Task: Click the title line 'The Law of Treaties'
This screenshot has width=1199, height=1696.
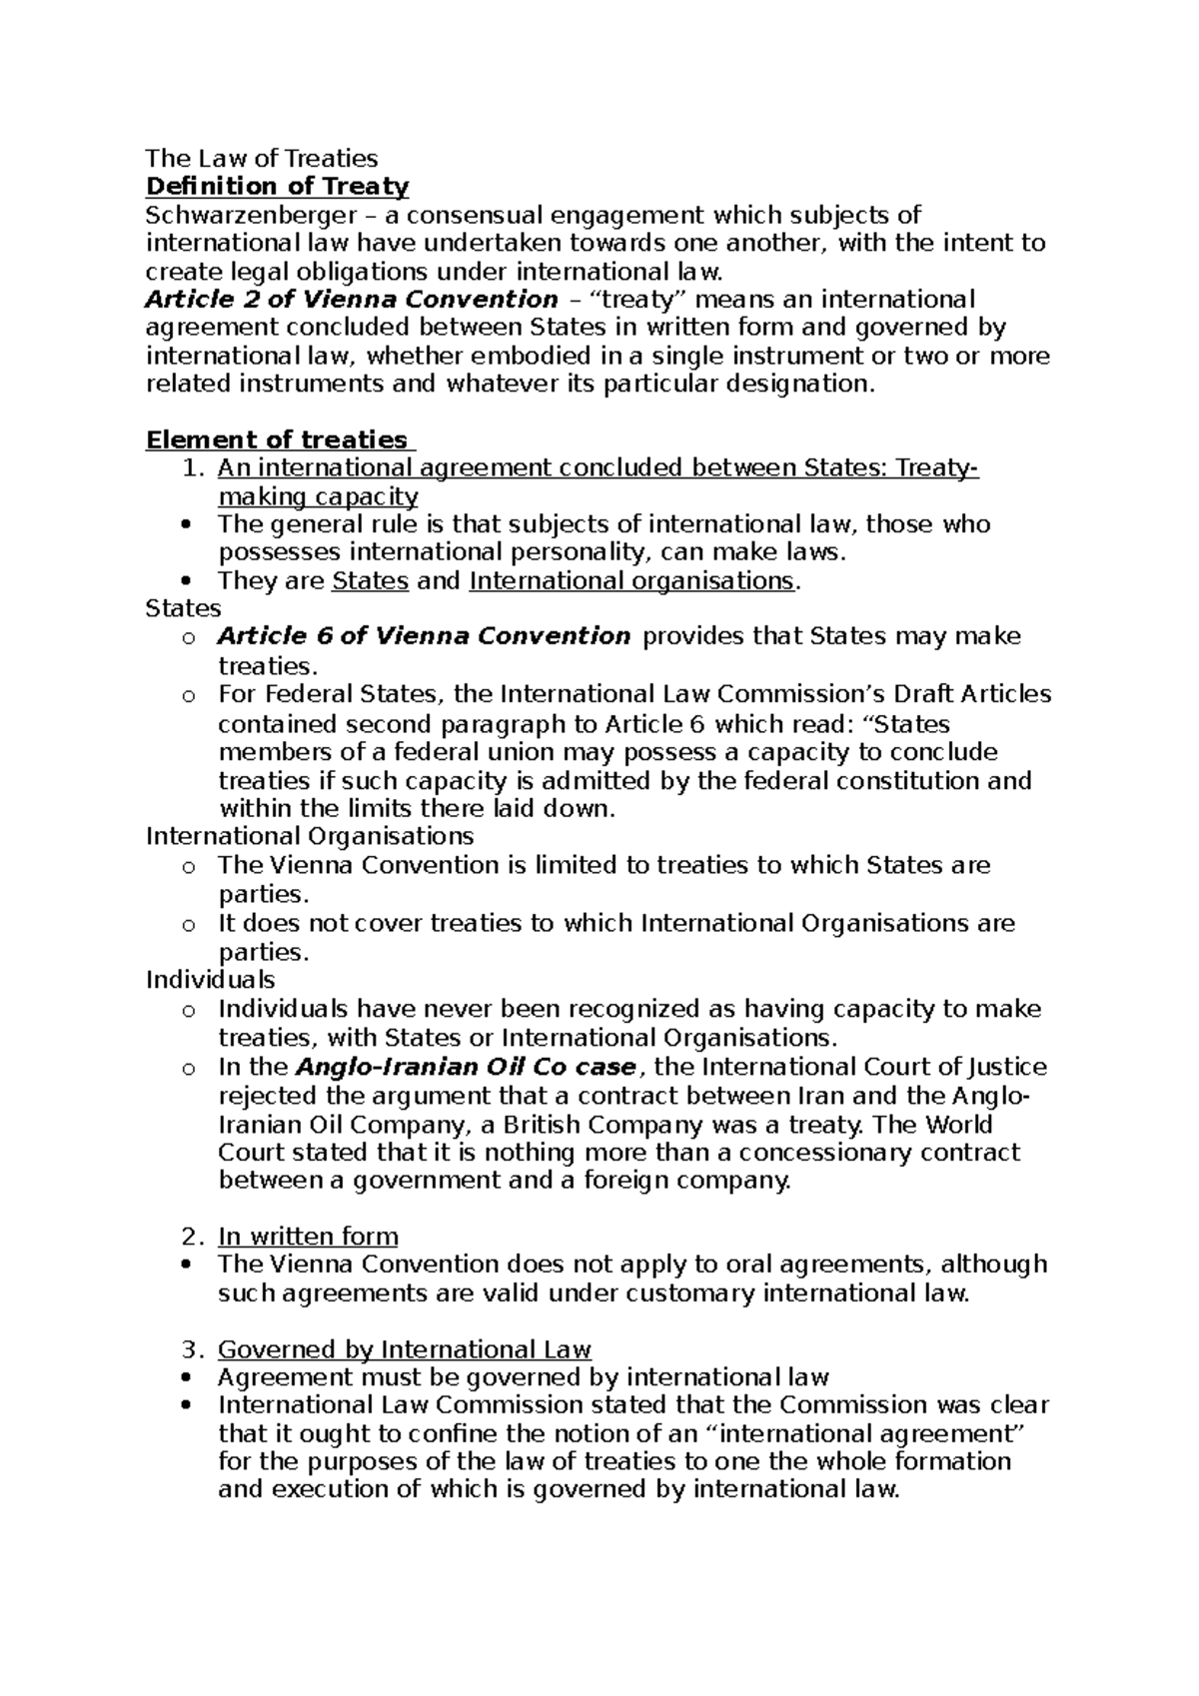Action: (262, 158)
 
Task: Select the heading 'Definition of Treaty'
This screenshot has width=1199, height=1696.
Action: (277, 187)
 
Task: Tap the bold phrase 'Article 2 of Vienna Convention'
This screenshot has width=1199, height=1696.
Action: (351, 300)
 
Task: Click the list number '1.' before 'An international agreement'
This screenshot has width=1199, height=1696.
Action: (195, 468)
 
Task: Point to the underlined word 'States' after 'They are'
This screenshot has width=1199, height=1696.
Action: (370, 581)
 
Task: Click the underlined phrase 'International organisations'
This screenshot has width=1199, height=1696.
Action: (631, 581)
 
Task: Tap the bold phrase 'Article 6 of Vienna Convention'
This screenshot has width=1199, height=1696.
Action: (424, 636)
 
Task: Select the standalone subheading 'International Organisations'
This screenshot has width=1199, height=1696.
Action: (310, 835)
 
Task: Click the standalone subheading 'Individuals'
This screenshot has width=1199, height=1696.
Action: (210, 980)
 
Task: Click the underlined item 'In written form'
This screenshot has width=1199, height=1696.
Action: (308, 1237)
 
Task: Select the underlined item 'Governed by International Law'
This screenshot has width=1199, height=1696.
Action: (405, 1350)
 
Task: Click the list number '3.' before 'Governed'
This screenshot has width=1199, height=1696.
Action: (194, 1350)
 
